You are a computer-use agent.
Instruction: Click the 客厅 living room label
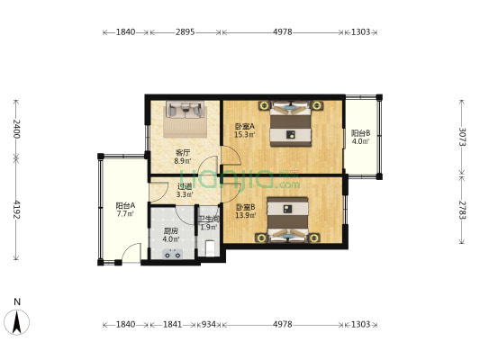click(182, 153)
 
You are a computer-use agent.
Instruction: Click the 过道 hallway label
click(183, 188)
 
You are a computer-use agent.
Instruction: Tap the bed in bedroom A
click(293, 125)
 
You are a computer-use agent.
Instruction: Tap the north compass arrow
click(17, 319)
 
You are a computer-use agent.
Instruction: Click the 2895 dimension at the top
click(185, 31)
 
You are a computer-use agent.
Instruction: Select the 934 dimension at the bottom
click(208, 323)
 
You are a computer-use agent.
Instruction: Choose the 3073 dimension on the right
click(463, 138)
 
